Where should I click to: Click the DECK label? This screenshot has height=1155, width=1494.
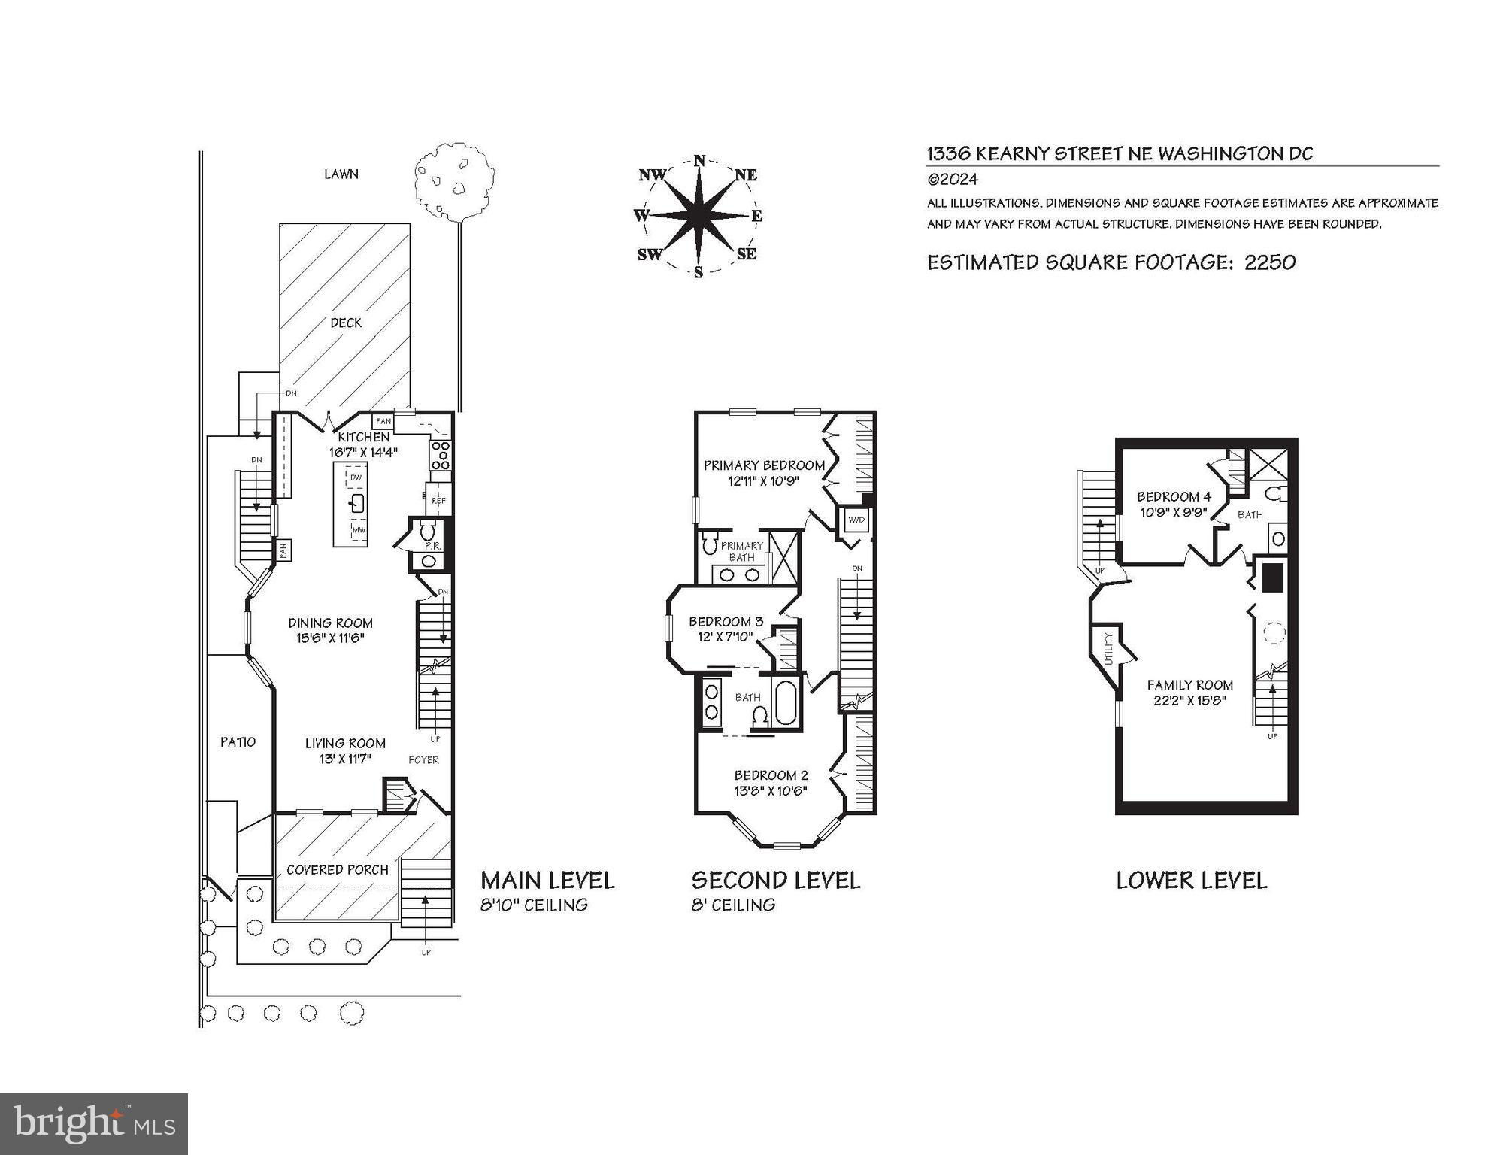pos(346,323)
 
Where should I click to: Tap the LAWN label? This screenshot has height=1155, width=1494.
pos(341,174)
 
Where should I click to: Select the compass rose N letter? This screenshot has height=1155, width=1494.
pos(699,160)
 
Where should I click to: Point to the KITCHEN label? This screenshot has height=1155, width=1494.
pos(364,437)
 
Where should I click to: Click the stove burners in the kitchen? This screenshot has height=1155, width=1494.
pos(440,456)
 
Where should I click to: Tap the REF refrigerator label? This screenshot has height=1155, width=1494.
pos(439,500)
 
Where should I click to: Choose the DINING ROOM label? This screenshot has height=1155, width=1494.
pos(331,623)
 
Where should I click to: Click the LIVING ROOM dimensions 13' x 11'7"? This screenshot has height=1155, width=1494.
pos(345,759)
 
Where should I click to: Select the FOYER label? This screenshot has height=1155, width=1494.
pos(423,759)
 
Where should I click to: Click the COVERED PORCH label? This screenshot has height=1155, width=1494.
pos(338,869)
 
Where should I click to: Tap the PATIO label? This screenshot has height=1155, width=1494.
pos(238,741)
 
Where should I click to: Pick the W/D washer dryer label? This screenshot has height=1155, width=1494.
pos(856,520)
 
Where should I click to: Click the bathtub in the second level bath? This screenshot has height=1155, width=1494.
pos(786,703)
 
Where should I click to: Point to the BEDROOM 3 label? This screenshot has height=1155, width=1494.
pos(726,621)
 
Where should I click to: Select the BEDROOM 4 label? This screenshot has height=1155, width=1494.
pos(1174,496)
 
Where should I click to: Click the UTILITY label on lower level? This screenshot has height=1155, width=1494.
pos(1108,649)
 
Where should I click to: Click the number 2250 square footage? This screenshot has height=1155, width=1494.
pos(1270,262)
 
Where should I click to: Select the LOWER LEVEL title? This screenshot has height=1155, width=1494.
pos(1192,880)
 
